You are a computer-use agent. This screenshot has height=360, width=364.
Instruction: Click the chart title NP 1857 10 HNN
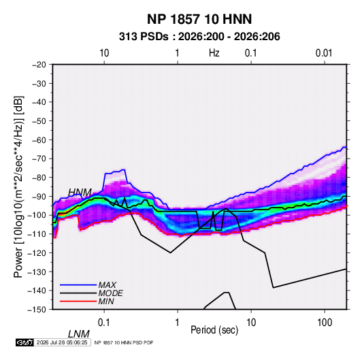(199, 19)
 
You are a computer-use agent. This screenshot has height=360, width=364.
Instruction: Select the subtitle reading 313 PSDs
(144, 37)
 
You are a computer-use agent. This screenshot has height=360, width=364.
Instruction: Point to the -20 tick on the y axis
(39, 65)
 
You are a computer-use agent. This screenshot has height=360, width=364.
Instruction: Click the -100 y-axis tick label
(37, 215)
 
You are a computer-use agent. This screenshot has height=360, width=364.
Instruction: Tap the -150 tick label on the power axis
(37, 310)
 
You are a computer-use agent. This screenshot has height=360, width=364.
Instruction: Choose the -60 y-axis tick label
(39, 140)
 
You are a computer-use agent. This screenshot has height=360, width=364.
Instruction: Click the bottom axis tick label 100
(325, 323)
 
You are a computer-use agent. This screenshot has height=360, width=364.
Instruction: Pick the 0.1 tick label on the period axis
(104, 323)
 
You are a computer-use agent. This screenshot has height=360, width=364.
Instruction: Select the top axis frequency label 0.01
(324, 53)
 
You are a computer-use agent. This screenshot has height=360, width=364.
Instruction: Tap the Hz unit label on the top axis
(214, 53)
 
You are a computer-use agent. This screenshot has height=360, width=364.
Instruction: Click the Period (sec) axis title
(214, 330)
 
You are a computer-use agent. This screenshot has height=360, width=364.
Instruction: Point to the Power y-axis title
(18, 186)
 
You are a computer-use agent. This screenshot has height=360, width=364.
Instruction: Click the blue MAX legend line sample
(78, 285)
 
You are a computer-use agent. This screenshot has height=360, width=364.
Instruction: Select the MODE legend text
(110, 293)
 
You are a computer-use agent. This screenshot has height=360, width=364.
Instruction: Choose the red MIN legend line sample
(78, 301)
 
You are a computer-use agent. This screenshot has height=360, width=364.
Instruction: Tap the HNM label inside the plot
(80, 193)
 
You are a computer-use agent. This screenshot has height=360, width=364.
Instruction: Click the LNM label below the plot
(78, 334)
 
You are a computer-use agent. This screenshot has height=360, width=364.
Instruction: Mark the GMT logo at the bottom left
(24, 342)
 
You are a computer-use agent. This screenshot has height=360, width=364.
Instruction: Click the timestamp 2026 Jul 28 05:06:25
(62, 342)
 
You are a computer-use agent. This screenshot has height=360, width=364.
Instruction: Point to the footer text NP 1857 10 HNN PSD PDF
(124, 342)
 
